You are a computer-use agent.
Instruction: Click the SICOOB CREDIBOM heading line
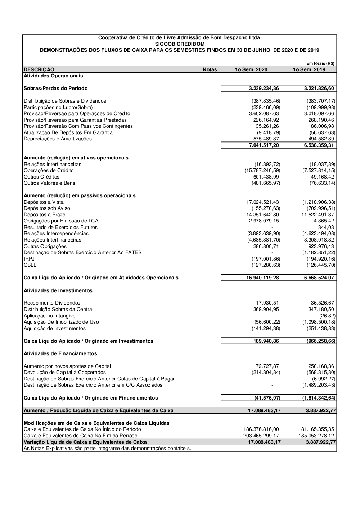point(180,44)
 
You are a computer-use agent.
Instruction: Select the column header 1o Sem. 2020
point(251,69)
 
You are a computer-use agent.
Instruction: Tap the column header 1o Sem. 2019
point(309,69)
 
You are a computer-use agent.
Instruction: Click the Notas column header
point(210,69)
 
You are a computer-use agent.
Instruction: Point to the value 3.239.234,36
point(264,89)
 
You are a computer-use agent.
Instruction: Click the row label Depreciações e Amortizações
point(58,139)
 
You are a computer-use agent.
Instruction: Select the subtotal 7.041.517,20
point(264,145)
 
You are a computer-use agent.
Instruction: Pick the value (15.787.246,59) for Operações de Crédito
point(262,171)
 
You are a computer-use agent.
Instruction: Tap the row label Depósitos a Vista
point(44,202)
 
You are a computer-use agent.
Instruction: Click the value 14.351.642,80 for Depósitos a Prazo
point(262,215)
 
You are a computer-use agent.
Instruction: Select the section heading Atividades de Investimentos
point(58,290)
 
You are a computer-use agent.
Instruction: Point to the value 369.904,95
point(266,310)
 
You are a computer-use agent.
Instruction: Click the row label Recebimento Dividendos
point(52,303)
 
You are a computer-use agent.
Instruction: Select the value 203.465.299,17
point(261,436)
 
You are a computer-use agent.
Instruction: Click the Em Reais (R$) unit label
point(320,63)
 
